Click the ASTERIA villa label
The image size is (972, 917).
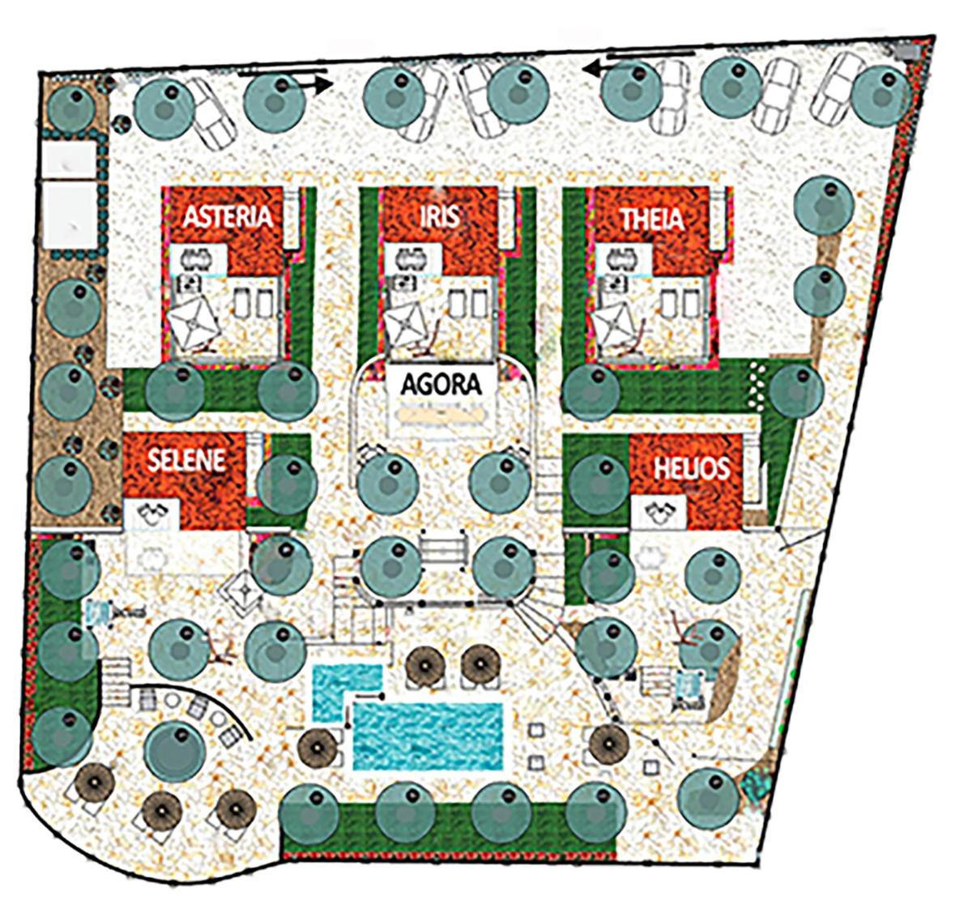pos(227,216)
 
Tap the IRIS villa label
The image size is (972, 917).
pos(440,216)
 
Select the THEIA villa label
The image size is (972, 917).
pos(652,219)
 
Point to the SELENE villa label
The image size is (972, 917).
pos(186,460)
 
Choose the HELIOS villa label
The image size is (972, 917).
pos(692,468)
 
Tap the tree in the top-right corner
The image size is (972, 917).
pos(880,96)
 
